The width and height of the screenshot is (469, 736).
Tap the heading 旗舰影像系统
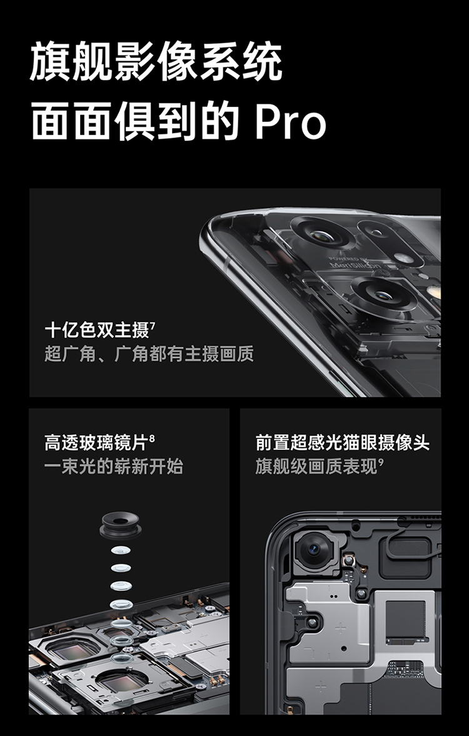[156, 61]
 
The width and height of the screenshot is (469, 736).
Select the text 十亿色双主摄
[97, 330]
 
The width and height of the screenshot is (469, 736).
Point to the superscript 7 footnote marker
[153, 325]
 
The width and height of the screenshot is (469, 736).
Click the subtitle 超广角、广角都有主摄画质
[149, 353]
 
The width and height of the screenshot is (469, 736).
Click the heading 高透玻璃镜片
[96, 443]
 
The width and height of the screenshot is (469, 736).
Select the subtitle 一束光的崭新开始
[114, 466]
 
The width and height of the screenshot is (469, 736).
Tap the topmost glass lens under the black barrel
[121, 550]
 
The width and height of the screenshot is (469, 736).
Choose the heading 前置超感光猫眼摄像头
[342, 443]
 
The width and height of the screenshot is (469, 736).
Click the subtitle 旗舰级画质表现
[316, 466]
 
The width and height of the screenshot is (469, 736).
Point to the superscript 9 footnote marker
[381, 461]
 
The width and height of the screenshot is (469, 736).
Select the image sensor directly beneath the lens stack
[123, 679]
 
